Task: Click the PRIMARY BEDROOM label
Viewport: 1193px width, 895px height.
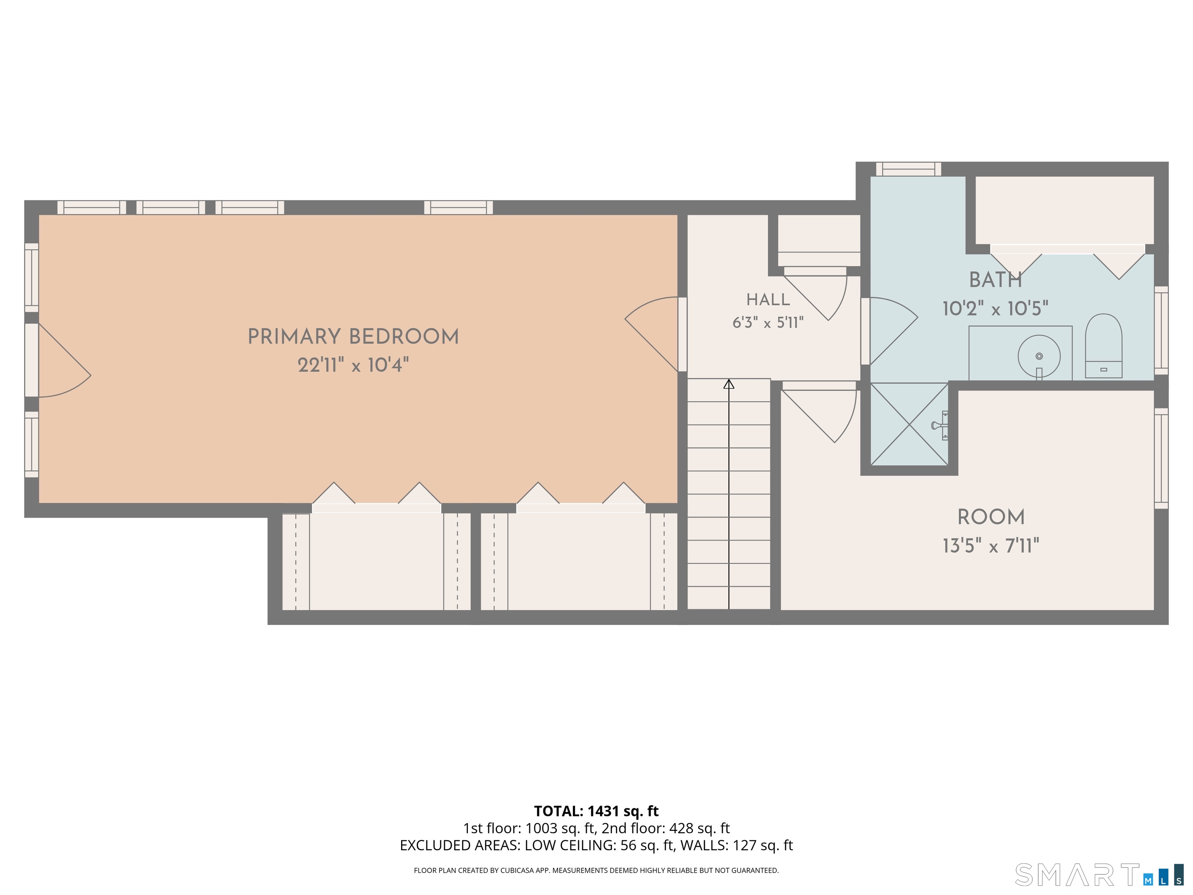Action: click(353, 337)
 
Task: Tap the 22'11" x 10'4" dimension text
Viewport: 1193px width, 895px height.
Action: click(353, 365)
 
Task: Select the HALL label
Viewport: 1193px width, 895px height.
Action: click(768, 300)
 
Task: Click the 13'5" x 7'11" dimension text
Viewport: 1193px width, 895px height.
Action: click(991, 546)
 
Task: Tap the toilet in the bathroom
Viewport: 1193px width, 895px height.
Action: click(1103, 346)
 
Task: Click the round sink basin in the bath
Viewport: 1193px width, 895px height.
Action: click(1039, 356)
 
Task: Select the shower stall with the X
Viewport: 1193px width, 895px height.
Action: click(909, 424)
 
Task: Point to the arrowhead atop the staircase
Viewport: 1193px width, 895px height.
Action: click(729, 384)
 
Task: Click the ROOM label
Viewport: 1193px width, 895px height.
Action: click(991, 517)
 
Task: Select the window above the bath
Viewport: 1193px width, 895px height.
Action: click(908, 169)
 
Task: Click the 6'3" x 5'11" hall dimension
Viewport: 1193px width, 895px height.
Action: click(768, 322)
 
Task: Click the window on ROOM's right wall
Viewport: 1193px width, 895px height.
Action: click(1161, 458)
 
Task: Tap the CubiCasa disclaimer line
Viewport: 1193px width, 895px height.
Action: click(596, 870)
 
